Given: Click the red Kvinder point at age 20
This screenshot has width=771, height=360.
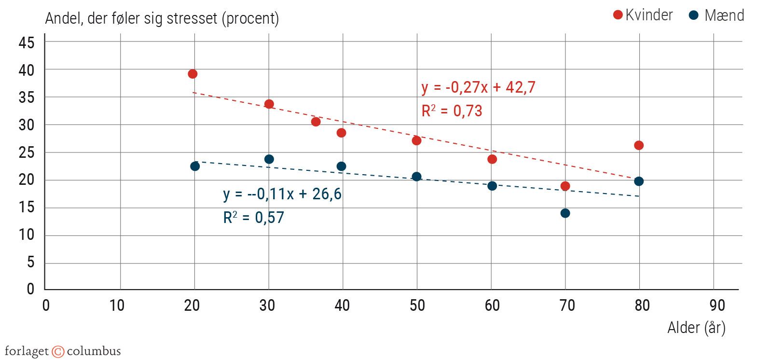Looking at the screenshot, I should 193,74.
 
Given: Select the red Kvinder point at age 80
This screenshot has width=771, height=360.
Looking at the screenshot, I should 639,145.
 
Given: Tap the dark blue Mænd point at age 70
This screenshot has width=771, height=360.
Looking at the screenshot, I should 565,213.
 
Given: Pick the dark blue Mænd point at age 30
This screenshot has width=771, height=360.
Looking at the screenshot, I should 269,159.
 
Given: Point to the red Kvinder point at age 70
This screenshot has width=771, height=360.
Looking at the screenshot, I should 565,186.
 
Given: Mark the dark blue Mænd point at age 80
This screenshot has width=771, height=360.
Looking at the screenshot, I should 639,181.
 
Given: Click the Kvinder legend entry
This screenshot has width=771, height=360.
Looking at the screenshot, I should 643,15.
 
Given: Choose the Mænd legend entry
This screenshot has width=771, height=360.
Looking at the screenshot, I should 717,15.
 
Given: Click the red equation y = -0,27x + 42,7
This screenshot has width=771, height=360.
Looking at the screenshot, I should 478,87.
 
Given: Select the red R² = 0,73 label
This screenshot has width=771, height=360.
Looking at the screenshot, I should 452,111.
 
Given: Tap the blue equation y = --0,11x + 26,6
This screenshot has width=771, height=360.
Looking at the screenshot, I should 282,194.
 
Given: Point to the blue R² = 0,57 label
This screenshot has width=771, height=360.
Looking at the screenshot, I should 253,218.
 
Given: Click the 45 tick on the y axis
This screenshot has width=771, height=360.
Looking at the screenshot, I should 27,42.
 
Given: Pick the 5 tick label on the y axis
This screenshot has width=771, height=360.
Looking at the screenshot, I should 31,262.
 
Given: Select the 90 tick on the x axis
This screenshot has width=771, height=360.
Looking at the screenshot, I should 717,305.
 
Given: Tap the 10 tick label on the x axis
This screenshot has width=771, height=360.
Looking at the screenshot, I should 117,305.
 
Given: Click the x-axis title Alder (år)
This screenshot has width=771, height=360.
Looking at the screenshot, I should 696,328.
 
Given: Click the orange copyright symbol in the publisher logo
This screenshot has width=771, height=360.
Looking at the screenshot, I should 58,352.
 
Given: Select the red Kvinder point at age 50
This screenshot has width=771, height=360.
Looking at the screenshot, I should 416,140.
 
